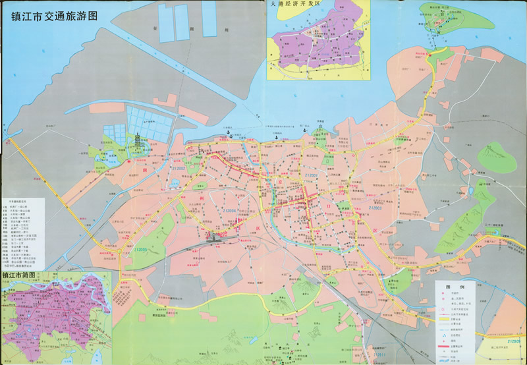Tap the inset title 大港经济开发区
tap(298, 5)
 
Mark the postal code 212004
tap(233, 211)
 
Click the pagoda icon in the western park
tap(137, 141)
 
